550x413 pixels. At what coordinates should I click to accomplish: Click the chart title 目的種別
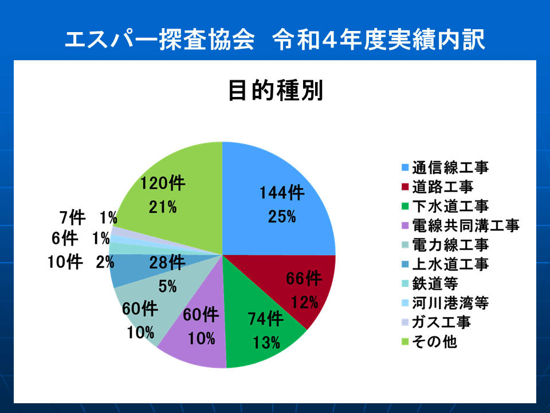pyautogui.click(x=276, y=91)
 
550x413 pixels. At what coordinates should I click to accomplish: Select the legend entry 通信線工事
pyautogui.click(x=445, y=167)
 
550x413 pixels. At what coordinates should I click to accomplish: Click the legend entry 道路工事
pyautogui.click(x=437, y=187)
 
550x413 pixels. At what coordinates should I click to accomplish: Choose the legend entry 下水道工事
pyautogui.click(x=445, y=206)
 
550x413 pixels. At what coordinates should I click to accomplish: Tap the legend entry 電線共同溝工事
pyautogui.click(x=460, y=225)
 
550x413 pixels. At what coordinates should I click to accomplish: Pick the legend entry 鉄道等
pyautogui.click(x=430, y=283)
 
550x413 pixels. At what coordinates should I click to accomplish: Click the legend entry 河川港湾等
pyautogui.click(x=445, y=303)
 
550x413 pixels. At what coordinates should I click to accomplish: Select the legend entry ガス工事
pyautogui.click(x=436, y=322)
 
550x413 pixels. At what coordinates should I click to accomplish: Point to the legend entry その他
pyautogui.click(x=429, y=341)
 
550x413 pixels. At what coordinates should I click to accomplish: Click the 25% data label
pyautogui.click(x=282, y=217)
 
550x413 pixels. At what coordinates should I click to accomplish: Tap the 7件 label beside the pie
pyautogui.click(x=72, y=218)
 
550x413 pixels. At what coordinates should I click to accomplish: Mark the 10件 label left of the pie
pyautogui.click(x=65, y=262)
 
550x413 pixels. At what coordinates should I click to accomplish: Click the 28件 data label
pyautogui.click(x=167, y=262)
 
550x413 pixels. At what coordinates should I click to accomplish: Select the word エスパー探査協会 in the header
pyautogui.click(x=160, y=40)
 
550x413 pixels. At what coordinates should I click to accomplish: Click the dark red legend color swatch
pyautogui.click(x=405, y=187)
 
